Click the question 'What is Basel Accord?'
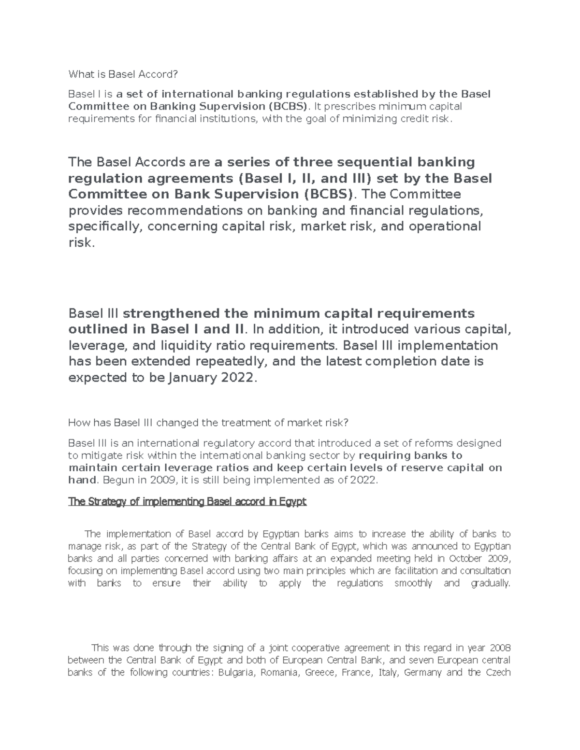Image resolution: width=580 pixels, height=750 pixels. tap(123, 74)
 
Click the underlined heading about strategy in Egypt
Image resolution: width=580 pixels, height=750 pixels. tap(188, 502)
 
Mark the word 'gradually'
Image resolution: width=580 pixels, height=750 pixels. tap(491, 583)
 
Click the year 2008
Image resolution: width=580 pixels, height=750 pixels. tap(500, 648)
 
